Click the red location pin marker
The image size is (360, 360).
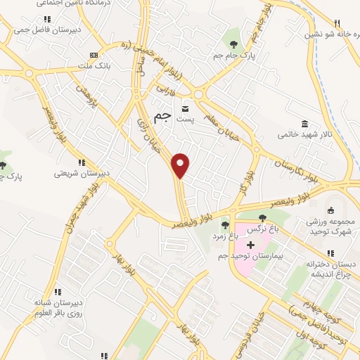(x=181, y=165)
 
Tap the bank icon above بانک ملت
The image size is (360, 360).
(x=94, y=55)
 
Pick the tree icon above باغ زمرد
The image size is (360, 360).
(x=224, y=226)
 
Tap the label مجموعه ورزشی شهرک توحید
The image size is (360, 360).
(x=331, y=227)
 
